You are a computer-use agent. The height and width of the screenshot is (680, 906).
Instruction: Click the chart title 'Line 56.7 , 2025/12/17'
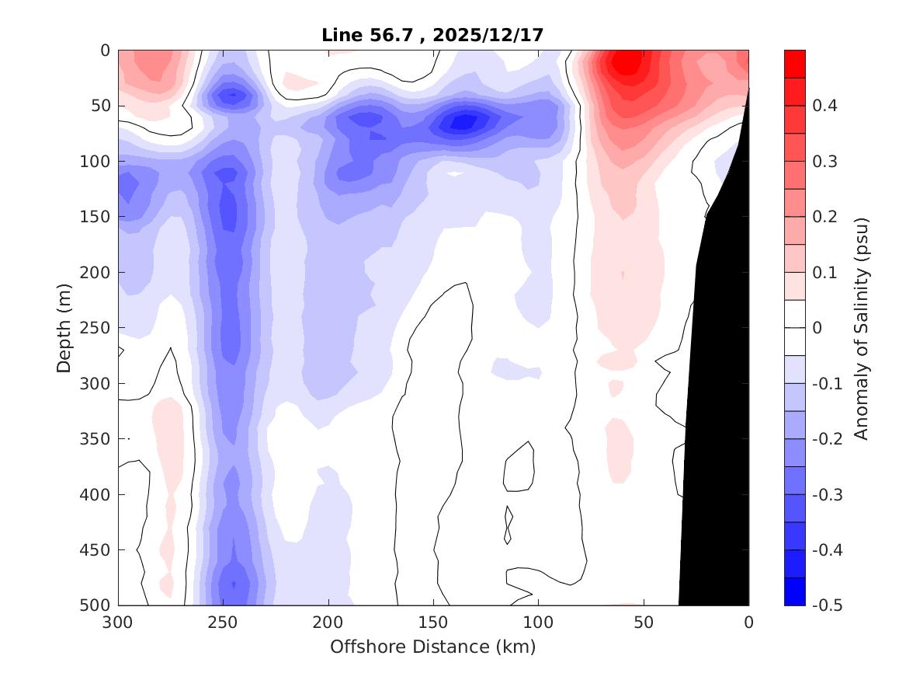(x=433, y=35)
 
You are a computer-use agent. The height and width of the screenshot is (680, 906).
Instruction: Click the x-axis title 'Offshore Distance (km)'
(x=433, y=647)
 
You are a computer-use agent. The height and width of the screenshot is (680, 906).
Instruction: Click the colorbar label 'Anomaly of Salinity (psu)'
(x=861, y=328)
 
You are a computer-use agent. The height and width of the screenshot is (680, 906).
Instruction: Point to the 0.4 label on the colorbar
(x=824, y=106)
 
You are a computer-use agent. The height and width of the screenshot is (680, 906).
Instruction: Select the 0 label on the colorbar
(x=817, y=328)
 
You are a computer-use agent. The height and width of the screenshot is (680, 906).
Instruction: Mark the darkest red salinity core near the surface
(x=627, y=62)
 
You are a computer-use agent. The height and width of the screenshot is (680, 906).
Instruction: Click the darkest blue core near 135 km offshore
(x=463, y=122)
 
